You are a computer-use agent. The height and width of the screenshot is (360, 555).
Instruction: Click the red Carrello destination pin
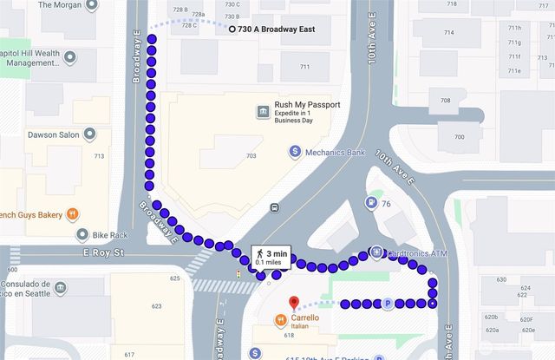click(x=292, y=303)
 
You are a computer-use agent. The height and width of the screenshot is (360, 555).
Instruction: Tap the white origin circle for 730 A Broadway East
click(x=232, y=29)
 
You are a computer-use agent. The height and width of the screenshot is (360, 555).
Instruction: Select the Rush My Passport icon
click(x=262, y=111)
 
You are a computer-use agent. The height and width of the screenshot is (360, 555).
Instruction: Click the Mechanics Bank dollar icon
click(x=295, y=151)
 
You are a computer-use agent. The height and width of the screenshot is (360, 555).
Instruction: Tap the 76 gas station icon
click(x=373, y=203)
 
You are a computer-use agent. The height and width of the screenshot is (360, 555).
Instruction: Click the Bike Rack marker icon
click(x=82, y=234)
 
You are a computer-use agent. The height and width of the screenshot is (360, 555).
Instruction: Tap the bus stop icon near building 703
click(x=275, y=207)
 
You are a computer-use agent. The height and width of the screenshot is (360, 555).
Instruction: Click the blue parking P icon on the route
click(x=388, y=304)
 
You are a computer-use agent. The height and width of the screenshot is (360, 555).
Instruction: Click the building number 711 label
click(x=304, y=67)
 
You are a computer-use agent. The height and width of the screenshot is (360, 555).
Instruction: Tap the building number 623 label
click(x=156, y=306)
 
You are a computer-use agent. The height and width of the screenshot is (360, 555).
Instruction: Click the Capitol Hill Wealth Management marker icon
click(x=69, y=57)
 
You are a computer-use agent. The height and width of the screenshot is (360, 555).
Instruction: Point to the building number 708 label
click(x=446, y=101)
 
